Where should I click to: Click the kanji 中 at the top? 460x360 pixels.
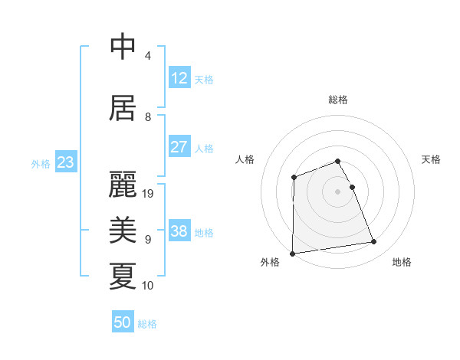click(x=123, y=47)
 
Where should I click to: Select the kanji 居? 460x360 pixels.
click(x=123, y=108)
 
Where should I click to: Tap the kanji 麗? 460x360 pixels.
click(x=123, y=185)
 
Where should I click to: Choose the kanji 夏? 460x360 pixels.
click(x=123, y=277)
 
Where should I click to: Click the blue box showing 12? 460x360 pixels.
click(x=179, y=78)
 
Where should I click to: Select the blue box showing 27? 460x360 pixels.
click(x=179, y=147)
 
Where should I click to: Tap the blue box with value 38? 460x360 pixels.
click(x=179, y=231)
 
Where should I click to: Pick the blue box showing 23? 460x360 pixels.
click(x=66, y=162)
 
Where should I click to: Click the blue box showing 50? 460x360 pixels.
click(x=123, y=322)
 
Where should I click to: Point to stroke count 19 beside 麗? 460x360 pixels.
click(x=149, y=194)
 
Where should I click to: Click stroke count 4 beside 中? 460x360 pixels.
click(x=147, y=56)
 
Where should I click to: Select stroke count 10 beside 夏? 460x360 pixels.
click(x=149, y=286)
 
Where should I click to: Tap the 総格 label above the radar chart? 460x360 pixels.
click(x=337, y=100)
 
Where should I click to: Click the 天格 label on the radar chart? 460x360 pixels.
click(x=432, y=159)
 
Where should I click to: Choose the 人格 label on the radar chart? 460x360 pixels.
click(x=245, y=159)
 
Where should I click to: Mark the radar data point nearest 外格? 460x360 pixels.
click(x=292, y=254)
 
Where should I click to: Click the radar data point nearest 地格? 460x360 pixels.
click(x=374, y=242)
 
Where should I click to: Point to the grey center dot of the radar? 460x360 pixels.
click(x=337, y=191)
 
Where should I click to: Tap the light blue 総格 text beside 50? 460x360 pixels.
click(x=147, y=324)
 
